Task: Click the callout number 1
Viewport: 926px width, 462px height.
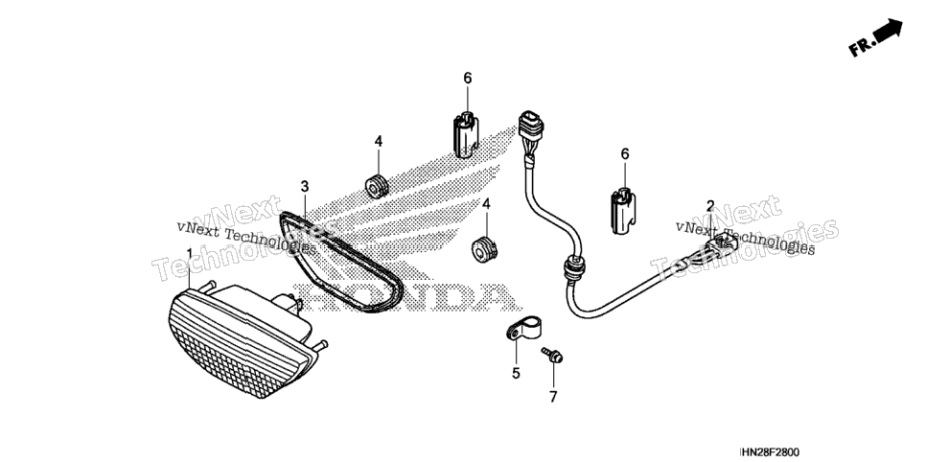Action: click(190, 254)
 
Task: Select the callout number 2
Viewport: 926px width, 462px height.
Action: click(710, 206)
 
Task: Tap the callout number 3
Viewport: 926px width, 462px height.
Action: click(304, 187)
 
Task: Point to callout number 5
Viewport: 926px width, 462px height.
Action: click(516, 374)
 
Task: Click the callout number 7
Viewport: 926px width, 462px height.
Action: click(553, 398)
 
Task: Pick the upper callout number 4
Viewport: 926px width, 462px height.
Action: click(379, 141)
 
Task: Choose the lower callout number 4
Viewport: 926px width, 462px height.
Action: click(486, 204)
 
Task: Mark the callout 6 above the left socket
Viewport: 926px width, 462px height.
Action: click(468, 78)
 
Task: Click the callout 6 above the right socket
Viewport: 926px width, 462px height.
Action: click(625, 154)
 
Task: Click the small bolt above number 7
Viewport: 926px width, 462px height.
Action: click(552, 355)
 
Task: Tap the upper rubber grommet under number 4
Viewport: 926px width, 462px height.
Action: click(377, 185)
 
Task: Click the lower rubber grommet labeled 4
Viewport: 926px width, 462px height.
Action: click(484, 249)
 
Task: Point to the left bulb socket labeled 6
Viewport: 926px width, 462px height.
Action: click(466, 134)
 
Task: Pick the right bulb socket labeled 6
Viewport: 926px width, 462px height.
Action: click(623, 210)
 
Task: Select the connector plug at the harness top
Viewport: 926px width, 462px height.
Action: click(529, 126)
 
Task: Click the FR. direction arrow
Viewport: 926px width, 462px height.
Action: click(875, 37)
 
